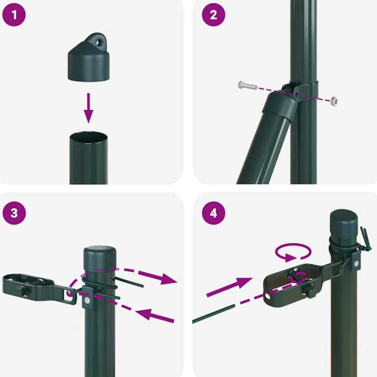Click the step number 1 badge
pos(14,15)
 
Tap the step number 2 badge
pos(213,15)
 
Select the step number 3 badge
pos(14,213)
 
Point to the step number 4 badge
pos(213,213)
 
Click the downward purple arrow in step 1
pos(89,108)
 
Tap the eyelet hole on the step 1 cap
pos(98,43)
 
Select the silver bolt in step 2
pos(248,85)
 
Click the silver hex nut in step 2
pos(334,101)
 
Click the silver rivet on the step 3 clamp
pos(87,300)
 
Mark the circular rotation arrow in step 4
pos(293,252)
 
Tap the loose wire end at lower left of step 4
pos(213,314)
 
